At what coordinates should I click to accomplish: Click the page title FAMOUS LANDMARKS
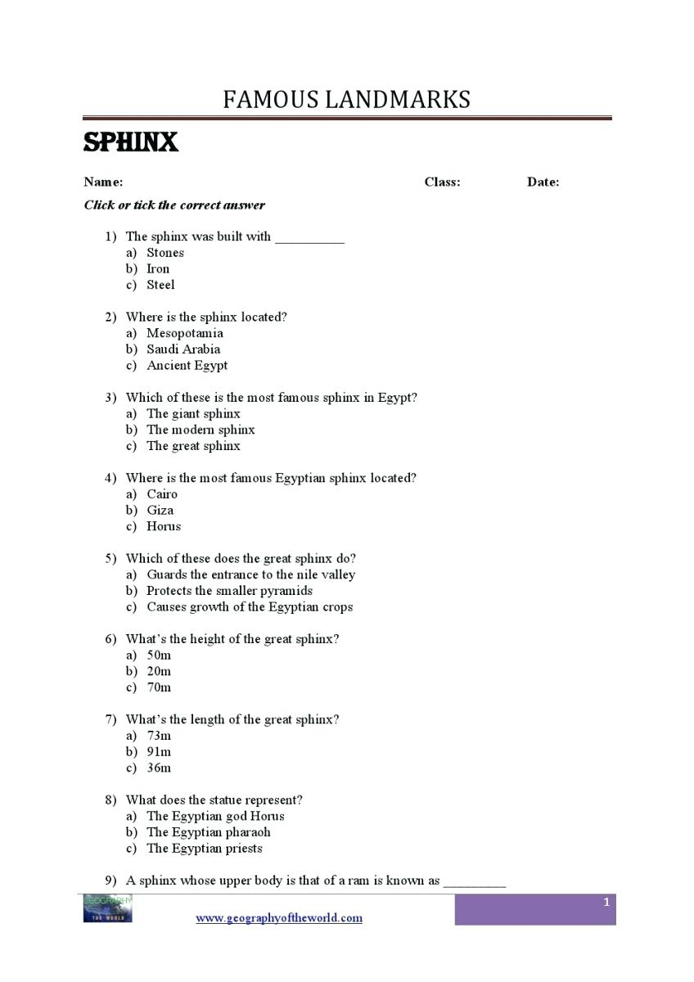346,100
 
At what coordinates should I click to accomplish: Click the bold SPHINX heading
131,142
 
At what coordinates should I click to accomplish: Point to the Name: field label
103,182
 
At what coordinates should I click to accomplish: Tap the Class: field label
442,182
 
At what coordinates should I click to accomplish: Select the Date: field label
543,182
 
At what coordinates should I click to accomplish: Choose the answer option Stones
165,253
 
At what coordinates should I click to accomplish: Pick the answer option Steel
160,285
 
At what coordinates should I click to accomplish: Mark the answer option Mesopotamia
184,333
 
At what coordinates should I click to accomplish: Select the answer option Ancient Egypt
187,365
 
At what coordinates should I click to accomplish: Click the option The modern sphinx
201,430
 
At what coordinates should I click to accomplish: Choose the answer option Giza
160,510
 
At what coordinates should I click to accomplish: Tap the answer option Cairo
162,494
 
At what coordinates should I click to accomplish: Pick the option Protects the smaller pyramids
229,591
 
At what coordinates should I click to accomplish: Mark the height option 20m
159,671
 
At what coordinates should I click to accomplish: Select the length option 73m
159,736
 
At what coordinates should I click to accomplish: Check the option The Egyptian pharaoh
208,832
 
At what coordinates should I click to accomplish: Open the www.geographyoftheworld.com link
278,918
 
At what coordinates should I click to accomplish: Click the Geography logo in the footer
107,909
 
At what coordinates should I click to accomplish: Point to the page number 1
606,902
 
